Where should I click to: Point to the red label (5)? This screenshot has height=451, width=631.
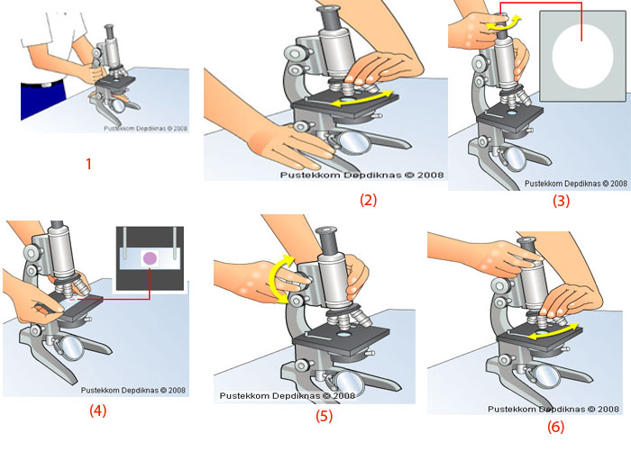[x=325, y=416]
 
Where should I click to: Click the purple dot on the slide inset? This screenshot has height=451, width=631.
[x=151, y=259]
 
